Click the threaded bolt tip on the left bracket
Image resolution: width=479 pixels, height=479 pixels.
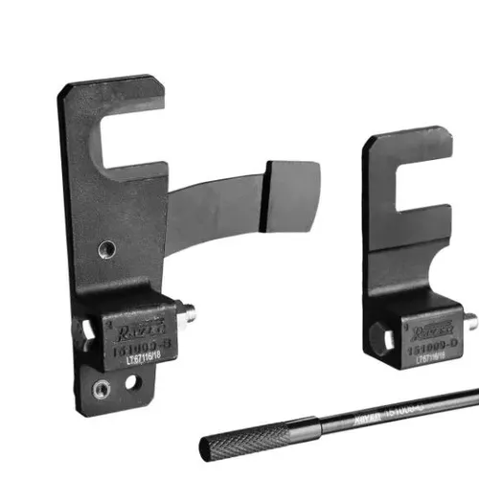pos(190,309)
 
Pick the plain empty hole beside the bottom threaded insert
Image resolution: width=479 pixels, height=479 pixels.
pos(131,383)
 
